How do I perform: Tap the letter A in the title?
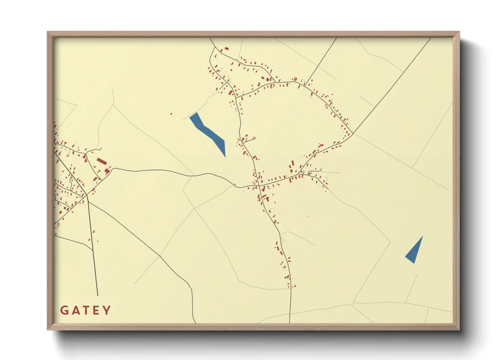pos(75,310)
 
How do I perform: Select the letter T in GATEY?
pos(85,310)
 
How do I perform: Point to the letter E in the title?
pos(96,310)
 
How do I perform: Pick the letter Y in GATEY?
pos(107,310)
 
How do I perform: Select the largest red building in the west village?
pos(101,161)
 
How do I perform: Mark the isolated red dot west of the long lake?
pos(171,114)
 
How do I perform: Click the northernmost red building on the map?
pos(226,49)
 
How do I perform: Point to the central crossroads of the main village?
pos(259,186)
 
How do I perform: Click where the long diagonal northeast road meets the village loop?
pos(353,134)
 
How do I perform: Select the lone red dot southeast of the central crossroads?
pos(308,216)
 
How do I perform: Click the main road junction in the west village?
pos(86,195)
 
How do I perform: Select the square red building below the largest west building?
pos(107,171)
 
